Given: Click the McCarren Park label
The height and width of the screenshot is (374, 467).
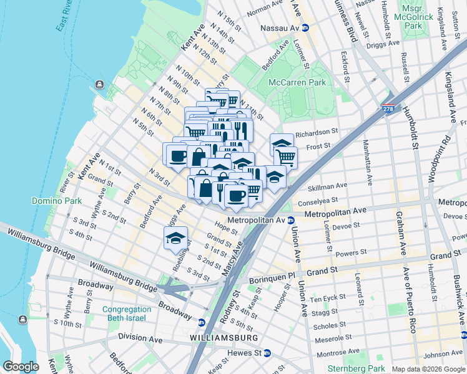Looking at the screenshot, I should [x=297, y=82].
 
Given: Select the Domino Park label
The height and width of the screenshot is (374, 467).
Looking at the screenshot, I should [x=52, y=201].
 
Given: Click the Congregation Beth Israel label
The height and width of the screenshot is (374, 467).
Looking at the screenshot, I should [x=127, y=314].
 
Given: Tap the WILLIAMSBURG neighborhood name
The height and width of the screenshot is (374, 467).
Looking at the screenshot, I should [x=225, y=337].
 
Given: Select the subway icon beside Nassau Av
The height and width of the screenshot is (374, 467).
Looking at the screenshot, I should [x=305, y=28].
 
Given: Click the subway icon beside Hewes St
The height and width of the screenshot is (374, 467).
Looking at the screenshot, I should [x=267, y=353].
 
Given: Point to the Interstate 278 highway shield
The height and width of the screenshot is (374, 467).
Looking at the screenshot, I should [x=389, y=110].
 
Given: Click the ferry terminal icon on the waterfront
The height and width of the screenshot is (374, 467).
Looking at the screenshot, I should [x=99, y=85].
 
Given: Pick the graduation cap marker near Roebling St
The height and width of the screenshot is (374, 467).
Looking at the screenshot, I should [x=176, y=237].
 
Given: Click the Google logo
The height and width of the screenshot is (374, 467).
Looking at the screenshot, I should [x=21, y=367].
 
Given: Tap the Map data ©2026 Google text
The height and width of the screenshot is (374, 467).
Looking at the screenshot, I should [x=428, y=369].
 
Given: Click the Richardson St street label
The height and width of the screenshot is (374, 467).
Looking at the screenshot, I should [x=317, y=132].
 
